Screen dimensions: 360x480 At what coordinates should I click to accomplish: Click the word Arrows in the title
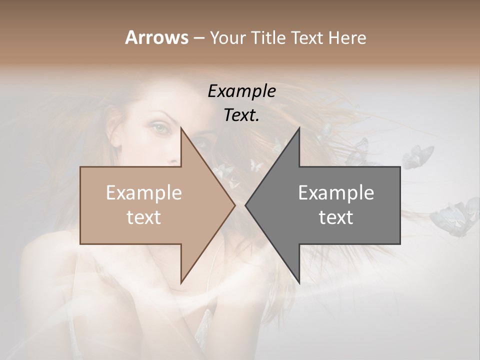click(156, 37)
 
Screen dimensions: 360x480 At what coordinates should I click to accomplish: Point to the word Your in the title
click(227, 37)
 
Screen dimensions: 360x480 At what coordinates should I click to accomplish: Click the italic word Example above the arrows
click(242, 91)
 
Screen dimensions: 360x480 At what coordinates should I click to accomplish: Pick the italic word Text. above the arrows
click(242, 115)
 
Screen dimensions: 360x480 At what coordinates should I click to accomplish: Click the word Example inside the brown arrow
click(144, 193)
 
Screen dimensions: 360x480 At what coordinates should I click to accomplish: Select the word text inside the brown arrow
click(144, 217)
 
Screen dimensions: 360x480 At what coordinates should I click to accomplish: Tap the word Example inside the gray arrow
click(336, 193)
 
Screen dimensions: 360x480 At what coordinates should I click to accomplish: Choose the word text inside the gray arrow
click(336, 217)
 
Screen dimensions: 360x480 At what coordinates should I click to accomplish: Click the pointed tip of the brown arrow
click(234, 205)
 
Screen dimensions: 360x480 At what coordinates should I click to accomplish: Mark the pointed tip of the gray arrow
click(246, 205)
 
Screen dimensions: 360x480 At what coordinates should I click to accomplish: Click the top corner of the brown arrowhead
click(181, 128)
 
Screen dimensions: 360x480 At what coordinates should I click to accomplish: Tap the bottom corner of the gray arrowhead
click(299, 282)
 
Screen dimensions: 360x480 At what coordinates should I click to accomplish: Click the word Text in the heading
click(307, 37)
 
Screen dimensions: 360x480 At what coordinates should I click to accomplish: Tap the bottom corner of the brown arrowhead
click(181, 282)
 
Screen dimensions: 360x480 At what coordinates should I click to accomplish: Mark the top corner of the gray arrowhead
click(299, 128)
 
